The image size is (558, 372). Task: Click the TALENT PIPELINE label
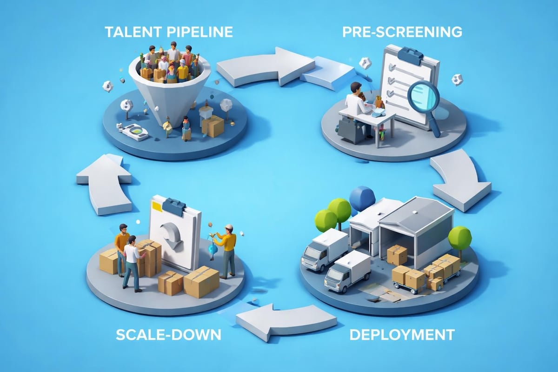[168, 32]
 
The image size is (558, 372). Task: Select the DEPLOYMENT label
[401, 333]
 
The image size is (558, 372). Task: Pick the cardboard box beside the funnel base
[213, 126]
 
